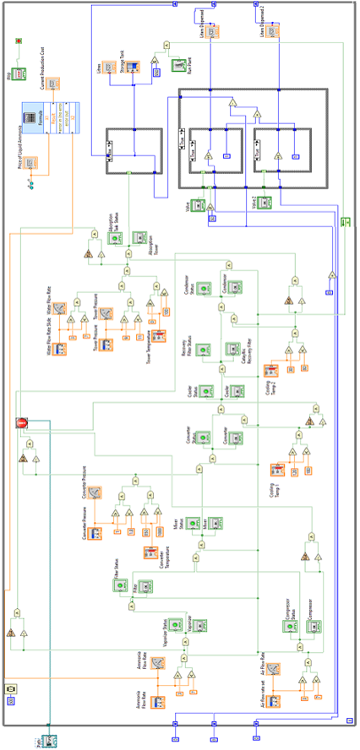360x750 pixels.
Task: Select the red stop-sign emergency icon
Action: click(22, 423)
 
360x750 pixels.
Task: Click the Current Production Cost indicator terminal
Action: click(52, 83)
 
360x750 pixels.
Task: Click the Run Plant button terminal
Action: click(179, 63)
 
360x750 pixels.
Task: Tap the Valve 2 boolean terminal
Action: click(265, 203)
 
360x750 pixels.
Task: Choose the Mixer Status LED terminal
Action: click(192, 524)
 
